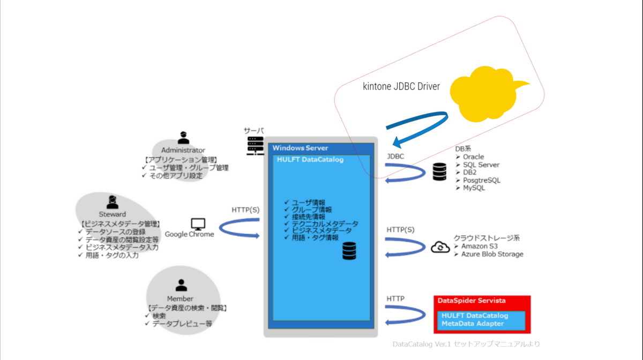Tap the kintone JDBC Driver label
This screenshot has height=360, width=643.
coord(401,86)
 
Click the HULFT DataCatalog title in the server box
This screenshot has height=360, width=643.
coord(310,160)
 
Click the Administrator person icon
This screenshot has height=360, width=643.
coord(183,138)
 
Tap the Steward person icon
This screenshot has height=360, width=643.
coord(113,202)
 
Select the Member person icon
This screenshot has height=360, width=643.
coord(182,286)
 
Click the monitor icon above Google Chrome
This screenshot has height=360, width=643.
coord(199,224)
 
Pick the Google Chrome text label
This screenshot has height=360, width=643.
coord(189,234)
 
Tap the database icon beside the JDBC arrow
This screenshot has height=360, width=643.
coord(439,172)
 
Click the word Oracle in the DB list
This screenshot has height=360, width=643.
coord(473,157)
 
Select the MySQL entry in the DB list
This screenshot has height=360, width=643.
coord(474,188)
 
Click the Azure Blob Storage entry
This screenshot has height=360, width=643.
coord(492,254)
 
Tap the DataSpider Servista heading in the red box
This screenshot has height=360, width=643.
coord(472,301)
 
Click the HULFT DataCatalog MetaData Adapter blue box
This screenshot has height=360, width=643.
coord(480,319)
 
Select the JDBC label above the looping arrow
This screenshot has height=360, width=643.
coord(395,156)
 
